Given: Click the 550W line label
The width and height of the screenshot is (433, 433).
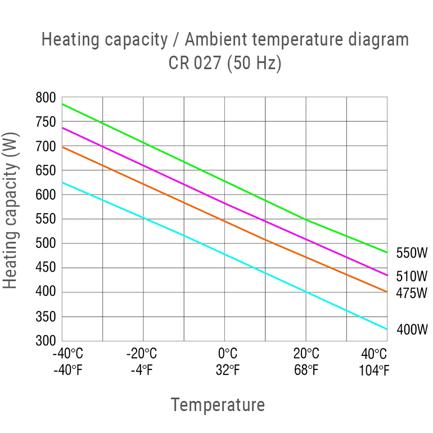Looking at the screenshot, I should pos(412,253).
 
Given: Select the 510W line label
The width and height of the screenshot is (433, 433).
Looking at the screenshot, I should pos(412,276).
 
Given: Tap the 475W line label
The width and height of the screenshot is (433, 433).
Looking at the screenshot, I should pos(412,293).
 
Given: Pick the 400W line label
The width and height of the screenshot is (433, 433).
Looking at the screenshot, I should pos(412,330).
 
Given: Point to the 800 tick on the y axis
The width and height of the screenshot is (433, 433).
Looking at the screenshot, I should pos(46,98).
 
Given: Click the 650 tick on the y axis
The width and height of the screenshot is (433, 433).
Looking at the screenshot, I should pos(46,170).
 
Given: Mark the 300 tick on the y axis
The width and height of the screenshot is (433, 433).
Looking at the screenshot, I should pos(46,341).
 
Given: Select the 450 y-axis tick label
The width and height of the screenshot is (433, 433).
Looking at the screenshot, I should pos(46,268).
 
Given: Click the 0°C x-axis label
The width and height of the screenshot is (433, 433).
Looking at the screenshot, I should pos(227,354).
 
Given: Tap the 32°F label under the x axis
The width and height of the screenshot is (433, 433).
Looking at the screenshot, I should pos(227,371).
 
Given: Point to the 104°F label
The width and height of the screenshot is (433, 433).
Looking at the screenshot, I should pos(374,371).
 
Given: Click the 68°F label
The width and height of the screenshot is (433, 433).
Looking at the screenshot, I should pos(306,371).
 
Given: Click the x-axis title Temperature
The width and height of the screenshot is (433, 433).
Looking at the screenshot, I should pos(218,405).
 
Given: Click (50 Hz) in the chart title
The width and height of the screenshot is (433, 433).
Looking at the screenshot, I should pos(254,63).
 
